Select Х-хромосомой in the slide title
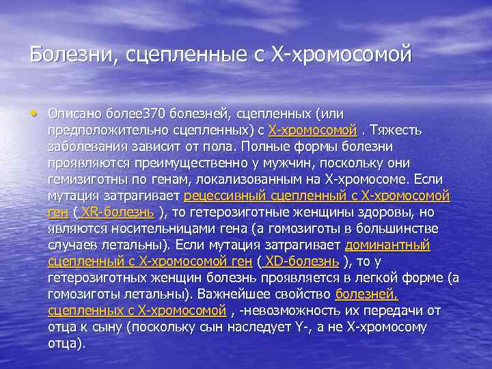pyautogui.click(x=342, y=53)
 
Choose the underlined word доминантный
pyautogui.click(x=387, y=244)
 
